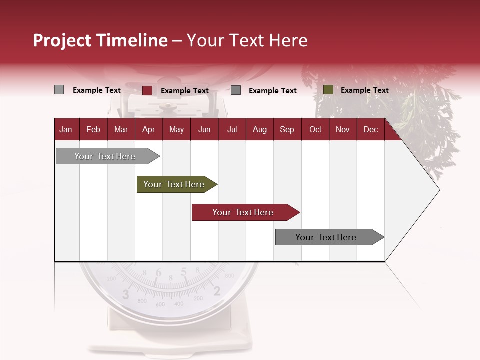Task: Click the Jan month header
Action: (66, 129)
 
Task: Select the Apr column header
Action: (148, 129)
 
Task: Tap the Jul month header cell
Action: (232, 129)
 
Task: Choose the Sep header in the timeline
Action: (287, 129)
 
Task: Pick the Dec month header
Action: (370, 129)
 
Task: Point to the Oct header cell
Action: (315, 129)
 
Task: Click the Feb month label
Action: (93, 129)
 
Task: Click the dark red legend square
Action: (147, 90)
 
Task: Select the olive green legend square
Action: (328, 90)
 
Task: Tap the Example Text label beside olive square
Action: (364, 90)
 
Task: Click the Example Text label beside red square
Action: (184, 91)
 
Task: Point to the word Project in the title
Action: (63, 40)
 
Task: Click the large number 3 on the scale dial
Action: (125, 294)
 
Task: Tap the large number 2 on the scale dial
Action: (217, 291)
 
